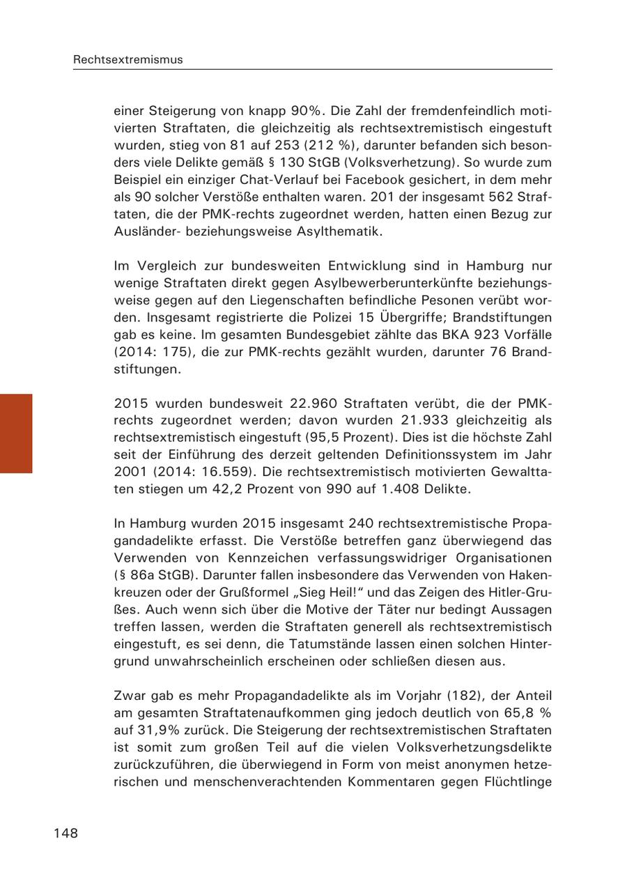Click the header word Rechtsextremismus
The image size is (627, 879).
128,60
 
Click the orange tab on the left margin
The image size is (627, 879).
16,433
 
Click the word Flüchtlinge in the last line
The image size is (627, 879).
517,781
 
